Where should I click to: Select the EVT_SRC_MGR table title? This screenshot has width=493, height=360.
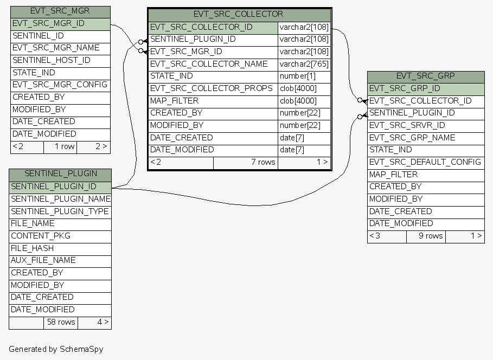[60, 11]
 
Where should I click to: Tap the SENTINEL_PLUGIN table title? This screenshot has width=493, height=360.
[60, 174]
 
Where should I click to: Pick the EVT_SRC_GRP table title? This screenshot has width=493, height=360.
[425, 76]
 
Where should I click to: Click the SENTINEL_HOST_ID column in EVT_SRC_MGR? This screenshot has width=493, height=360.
[52, 60]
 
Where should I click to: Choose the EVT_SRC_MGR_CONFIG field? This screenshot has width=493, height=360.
[60, 85]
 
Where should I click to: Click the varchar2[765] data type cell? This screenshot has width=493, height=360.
[304, 65]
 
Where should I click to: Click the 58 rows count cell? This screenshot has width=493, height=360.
[60, 323]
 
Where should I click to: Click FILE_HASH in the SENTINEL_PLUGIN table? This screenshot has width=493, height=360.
[33, 248]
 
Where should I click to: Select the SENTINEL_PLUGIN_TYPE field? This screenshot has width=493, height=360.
[60, 211]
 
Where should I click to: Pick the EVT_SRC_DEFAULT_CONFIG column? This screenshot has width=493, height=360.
[425, 162]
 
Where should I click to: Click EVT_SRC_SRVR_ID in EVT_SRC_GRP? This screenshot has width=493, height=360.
[407, 125]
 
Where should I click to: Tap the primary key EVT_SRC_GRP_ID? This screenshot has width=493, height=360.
[405, 88]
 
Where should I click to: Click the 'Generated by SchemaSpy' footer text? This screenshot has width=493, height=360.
[56, 349]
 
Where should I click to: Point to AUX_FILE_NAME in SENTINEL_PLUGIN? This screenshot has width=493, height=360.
[43, 260]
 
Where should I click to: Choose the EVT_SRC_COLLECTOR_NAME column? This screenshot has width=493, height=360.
[209, 64]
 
